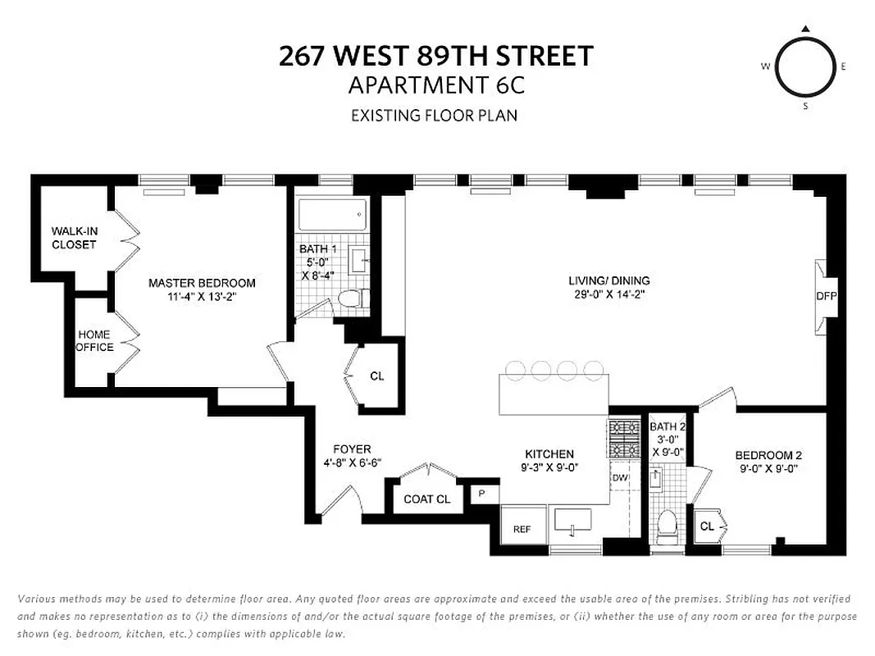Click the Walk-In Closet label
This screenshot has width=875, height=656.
click(x=74, y=238)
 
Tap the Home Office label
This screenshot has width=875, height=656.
click(x=95, y=340)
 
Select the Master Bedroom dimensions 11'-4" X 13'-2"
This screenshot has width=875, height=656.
click(x=202, y=297)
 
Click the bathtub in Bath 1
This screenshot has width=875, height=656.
click(x=330, y=216)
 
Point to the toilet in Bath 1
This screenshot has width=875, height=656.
click(x=351, y=301)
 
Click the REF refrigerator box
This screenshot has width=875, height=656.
click(x=522, y=529)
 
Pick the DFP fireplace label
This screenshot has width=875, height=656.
click(x=826, y=296)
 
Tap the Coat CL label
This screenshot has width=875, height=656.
click(x=426, y=499)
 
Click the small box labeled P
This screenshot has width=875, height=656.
click(x=482, y=494)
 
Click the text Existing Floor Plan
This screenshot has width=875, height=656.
click(x=434, y=115)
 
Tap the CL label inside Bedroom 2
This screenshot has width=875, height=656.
click(x=707, y=526)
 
